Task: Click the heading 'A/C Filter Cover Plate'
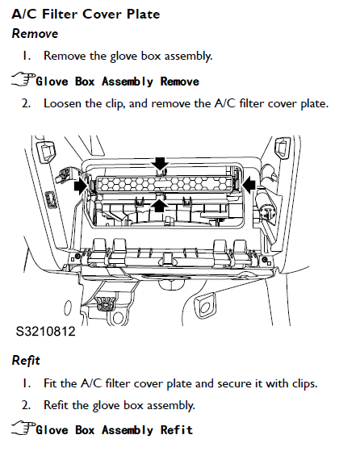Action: click(x=86, y=14)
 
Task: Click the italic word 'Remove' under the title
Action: click(x=35, y=33)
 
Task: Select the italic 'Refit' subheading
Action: click(x=26, y=360)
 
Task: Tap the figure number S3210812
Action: click(x=45, y=331)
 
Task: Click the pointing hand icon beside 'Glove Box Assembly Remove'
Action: click(x=23, y=80)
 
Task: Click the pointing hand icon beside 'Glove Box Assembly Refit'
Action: click(x=23, y=429)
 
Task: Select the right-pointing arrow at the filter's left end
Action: click(x=81, y=186)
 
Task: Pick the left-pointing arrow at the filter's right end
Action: click(x=249, y=185)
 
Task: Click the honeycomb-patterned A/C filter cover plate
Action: click(x=165, y=184)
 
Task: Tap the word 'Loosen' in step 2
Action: click(x=62, y=103)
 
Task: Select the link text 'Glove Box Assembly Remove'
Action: click(x=117, y=82)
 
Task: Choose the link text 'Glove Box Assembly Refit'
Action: click(x=114, y=430)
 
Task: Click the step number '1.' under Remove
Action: click(x=27, y=56)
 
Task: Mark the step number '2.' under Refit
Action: click(x=26, y=405)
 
